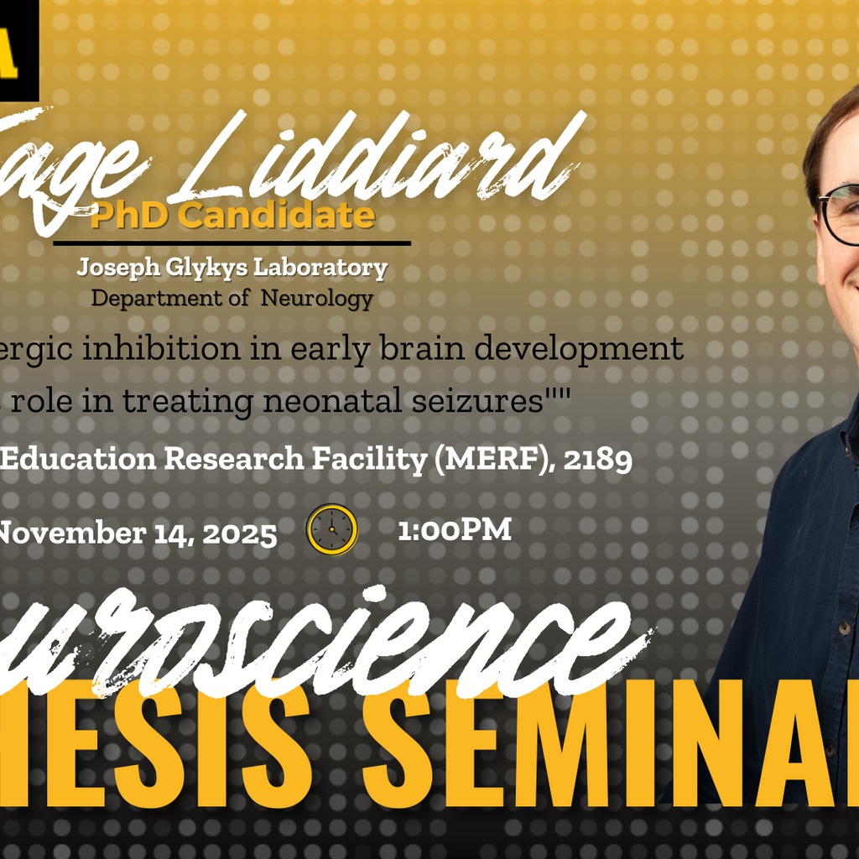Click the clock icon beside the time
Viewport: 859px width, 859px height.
(332, 529)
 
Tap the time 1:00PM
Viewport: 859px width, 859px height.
(454, 530)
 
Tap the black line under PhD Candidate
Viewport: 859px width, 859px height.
(232, 243)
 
